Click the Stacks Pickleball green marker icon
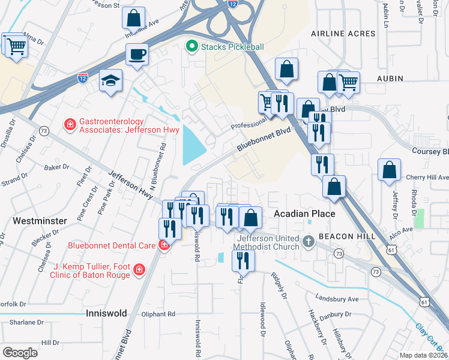point(192,46)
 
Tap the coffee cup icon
point(137,55)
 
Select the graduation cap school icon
point(110,80)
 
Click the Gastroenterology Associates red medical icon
point(70,125)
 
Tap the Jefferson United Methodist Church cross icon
point(309,242)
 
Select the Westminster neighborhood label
point(40,221)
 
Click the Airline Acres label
point(343,34)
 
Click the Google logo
point(20,352)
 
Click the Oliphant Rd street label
point(158,313)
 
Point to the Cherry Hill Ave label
point(427,178)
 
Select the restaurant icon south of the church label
point(243,259)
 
